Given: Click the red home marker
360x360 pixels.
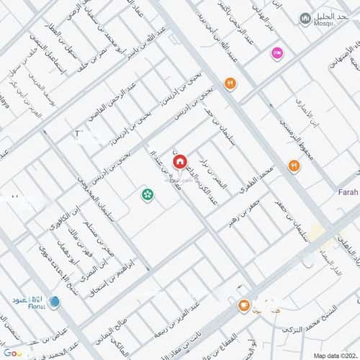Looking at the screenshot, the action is (x=178, y=162).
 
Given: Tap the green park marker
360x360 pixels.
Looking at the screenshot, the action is (x=148, y=194).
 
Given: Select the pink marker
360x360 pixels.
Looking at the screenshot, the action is (x=276, y=53).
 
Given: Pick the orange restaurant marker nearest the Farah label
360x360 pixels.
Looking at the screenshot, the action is (x=294, y=166).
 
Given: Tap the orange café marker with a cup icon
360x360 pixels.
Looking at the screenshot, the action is (x=244, y=307).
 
